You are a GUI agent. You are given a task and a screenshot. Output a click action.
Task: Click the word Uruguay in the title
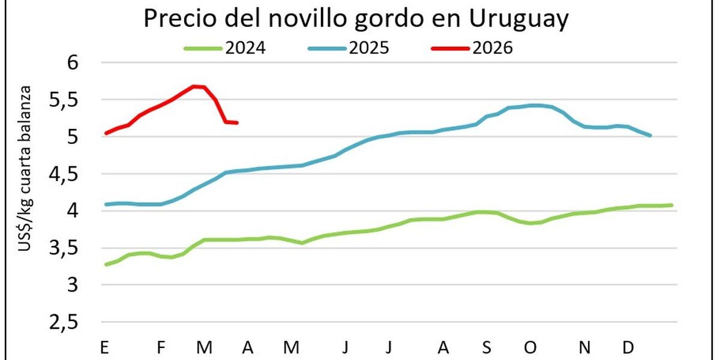pyautogui.click(x=518, y=19)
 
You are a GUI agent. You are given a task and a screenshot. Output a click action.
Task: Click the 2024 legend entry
pyautogui.click(x=225, y=48)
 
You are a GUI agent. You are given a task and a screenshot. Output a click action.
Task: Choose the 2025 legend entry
pyautogui.click(x=349, y=48)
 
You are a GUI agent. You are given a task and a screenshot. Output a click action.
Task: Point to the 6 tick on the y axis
pyautogui.click(x=73, y=62)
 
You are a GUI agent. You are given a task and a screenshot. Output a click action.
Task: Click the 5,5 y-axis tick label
pyautogui.click(x=64, y=101)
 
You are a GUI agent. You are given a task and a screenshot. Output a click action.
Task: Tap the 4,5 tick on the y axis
pyautogui.click(x=64, y=175)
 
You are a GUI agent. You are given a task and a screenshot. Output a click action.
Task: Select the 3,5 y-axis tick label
pyautogui.click(x=64, y=249)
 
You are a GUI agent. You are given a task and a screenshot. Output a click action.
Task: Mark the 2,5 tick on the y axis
pyautogui.click(x=64, y=322)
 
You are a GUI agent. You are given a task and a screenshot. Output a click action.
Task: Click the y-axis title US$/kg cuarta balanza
pyautogui.click(x=25, y=169)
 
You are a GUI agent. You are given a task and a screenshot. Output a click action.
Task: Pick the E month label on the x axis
pyautogui.click(x=104, y=347)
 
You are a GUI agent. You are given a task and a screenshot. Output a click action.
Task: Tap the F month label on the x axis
pyautogui.click(x=161, y=347)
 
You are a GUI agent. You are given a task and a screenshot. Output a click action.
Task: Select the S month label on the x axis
pyautogui.click(x=487, y=347)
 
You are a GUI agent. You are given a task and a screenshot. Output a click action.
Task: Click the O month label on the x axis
pyautogui.click(x=530, y=347)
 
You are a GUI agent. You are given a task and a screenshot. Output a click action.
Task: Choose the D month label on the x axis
pyautogui.click(x=628, y=347)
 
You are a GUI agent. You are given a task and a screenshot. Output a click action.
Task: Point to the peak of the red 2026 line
pyautogui.click(x=193, y=86)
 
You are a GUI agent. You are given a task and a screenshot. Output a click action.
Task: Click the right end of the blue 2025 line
pyautogui.click(x=650, y=136)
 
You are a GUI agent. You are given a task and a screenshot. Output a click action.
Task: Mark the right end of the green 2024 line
pyautogui.click(x=672, y=205)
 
